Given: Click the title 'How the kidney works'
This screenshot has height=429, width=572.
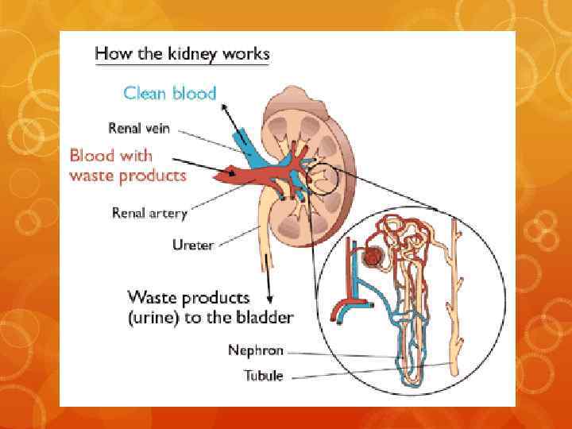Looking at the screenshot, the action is pos(182,55).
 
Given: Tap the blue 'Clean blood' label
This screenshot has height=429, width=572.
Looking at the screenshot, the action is pos(170,93).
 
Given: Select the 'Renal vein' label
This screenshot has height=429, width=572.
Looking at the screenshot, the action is pos(139,128).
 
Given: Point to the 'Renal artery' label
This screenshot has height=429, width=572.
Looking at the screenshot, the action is pos(149,212).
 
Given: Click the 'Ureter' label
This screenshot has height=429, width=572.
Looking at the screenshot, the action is pos(193,245).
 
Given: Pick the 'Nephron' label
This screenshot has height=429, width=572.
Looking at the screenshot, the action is pos(256,350).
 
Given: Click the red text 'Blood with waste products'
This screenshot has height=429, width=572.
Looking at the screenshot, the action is pos(128,165).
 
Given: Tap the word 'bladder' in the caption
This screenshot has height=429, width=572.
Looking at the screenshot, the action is pos(262,318).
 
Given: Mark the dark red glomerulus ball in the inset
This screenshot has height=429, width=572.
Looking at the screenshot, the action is pos(370,257).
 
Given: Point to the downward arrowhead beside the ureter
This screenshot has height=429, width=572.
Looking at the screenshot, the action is pos(269,301).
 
